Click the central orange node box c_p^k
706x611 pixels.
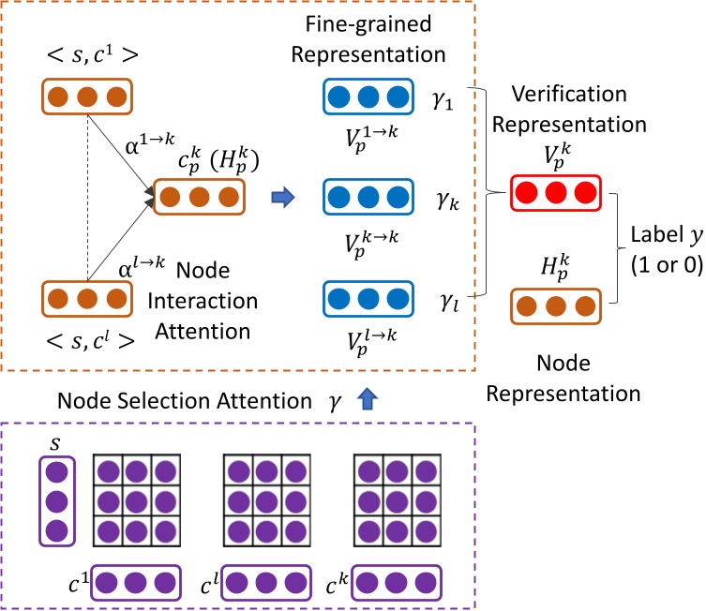coord(200,198)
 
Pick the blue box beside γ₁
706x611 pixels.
coord(368,97)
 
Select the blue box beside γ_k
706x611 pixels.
coord(368,198)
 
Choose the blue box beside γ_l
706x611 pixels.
coord(368,299)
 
